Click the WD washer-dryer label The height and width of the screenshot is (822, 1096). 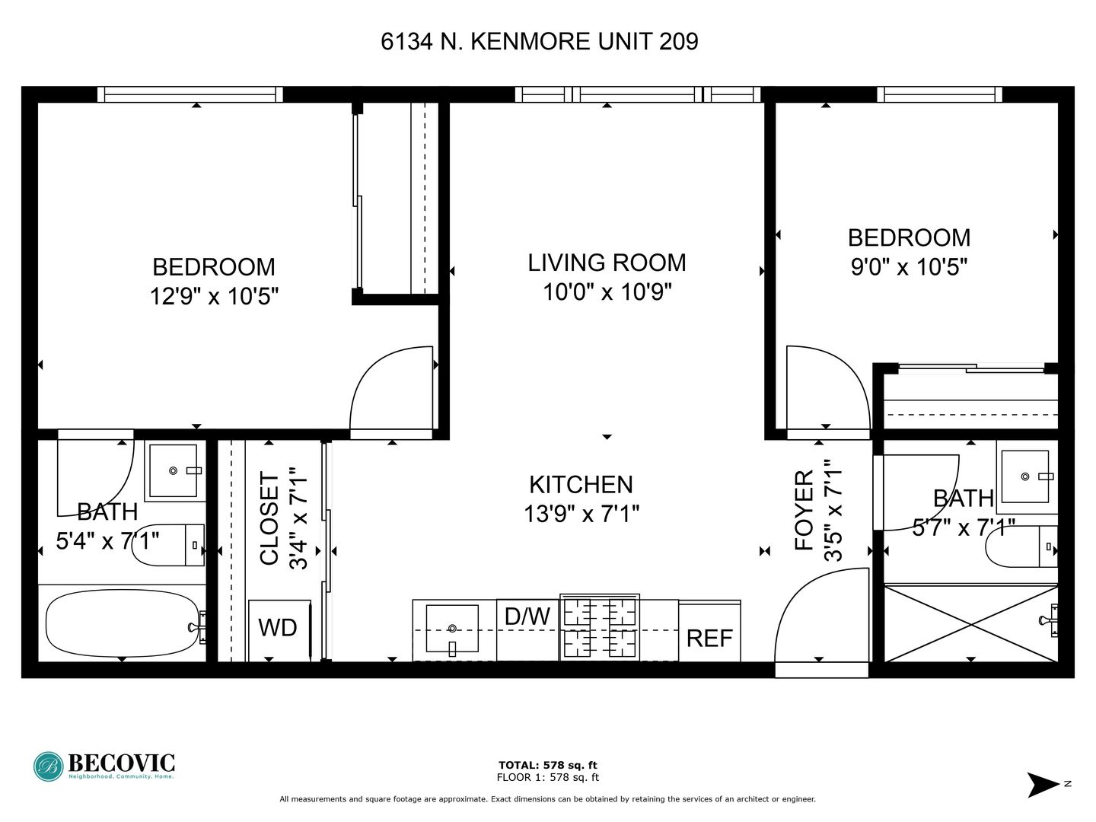coord(278,627)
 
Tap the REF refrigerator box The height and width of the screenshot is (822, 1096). coord(709,632)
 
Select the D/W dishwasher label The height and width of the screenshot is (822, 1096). coord(527,616)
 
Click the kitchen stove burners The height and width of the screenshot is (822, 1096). coord(600,627)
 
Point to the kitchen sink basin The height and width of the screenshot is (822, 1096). coord(452,629)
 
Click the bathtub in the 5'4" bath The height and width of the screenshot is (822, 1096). coord(123,624)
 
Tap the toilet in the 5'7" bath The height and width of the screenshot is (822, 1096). coord(1022,546)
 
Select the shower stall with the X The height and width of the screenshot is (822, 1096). coord(971,624)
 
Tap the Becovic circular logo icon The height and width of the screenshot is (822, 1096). coord(49,766)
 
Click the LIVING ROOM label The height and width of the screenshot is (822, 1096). coord(607,263)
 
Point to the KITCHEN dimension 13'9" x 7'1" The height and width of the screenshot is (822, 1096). coord(581,514)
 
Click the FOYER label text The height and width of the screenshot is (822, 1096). coord(804,511)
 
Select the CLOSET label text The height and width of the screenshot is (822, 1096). coord(269,519)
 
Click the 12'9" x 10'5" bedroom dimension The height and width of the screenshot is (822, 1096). coord(214,297)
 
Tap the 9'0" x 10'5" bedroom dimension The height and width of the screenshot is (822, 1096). coord(910,267)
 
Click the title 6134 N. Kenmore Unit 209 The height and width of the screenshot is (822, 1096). coord(540,41)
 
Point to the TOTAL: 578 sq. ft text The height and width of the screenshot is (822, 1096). coord(548,765)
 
